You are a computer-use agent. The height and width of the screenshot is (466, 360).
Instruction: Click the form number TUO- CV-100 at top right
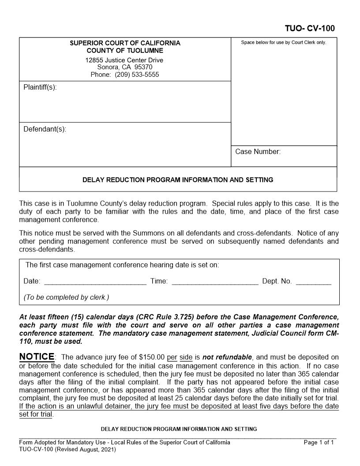point(310,29)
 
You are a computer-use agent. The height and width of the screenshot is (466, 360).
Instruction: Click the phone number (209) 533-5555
point(137,75)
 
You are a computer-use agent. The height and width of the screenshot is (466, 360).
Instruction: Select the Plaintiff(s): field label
point(40,87)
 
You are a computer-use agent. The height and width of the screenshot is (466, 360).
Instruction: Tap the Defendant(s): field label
point(45,129)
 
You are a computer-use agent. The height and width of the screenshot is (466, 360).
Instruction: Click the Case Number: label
point(258,152)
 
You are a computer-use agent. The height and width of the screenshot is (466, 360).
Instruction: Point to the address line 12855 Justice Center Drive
point(124,60)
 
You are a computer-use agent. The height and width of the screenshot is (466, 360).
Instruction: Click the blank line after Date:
point(95,282)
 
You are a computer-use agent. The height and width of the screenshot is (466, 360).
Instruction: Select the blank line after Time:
point(215,282)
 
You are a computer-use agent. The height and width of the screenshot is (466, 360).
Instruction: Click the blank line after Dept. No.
point(313,282)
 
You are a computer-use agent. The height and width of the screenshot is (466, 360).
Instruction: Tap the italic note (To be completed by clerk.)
point(66,297)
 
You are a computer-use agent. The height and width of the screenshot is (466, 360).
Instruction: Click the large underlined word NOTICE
point(37,357)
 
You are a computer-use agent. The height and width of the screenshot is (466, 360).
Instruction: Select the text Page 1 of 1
point(319,443)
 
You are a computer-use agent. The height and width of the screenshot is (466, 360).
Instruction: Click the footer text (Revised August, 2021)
point(85,450)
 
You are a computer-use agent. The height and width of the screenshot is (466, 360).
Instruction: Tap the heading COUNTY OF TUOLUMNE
point(125,50)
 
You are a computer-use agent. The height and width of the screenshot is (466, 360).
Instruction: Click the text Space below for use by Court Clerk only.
point(283,43)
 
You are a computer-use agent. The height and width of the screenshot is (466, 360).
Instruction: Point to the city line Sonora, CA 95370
point(125,67)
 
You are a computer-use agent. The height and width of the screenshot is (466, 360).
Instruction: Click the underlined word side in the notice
point(186,357)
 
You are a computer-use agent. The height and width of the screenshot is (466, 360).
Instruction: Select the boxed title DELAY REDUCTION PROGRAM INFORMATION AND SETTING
point(178,180)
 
